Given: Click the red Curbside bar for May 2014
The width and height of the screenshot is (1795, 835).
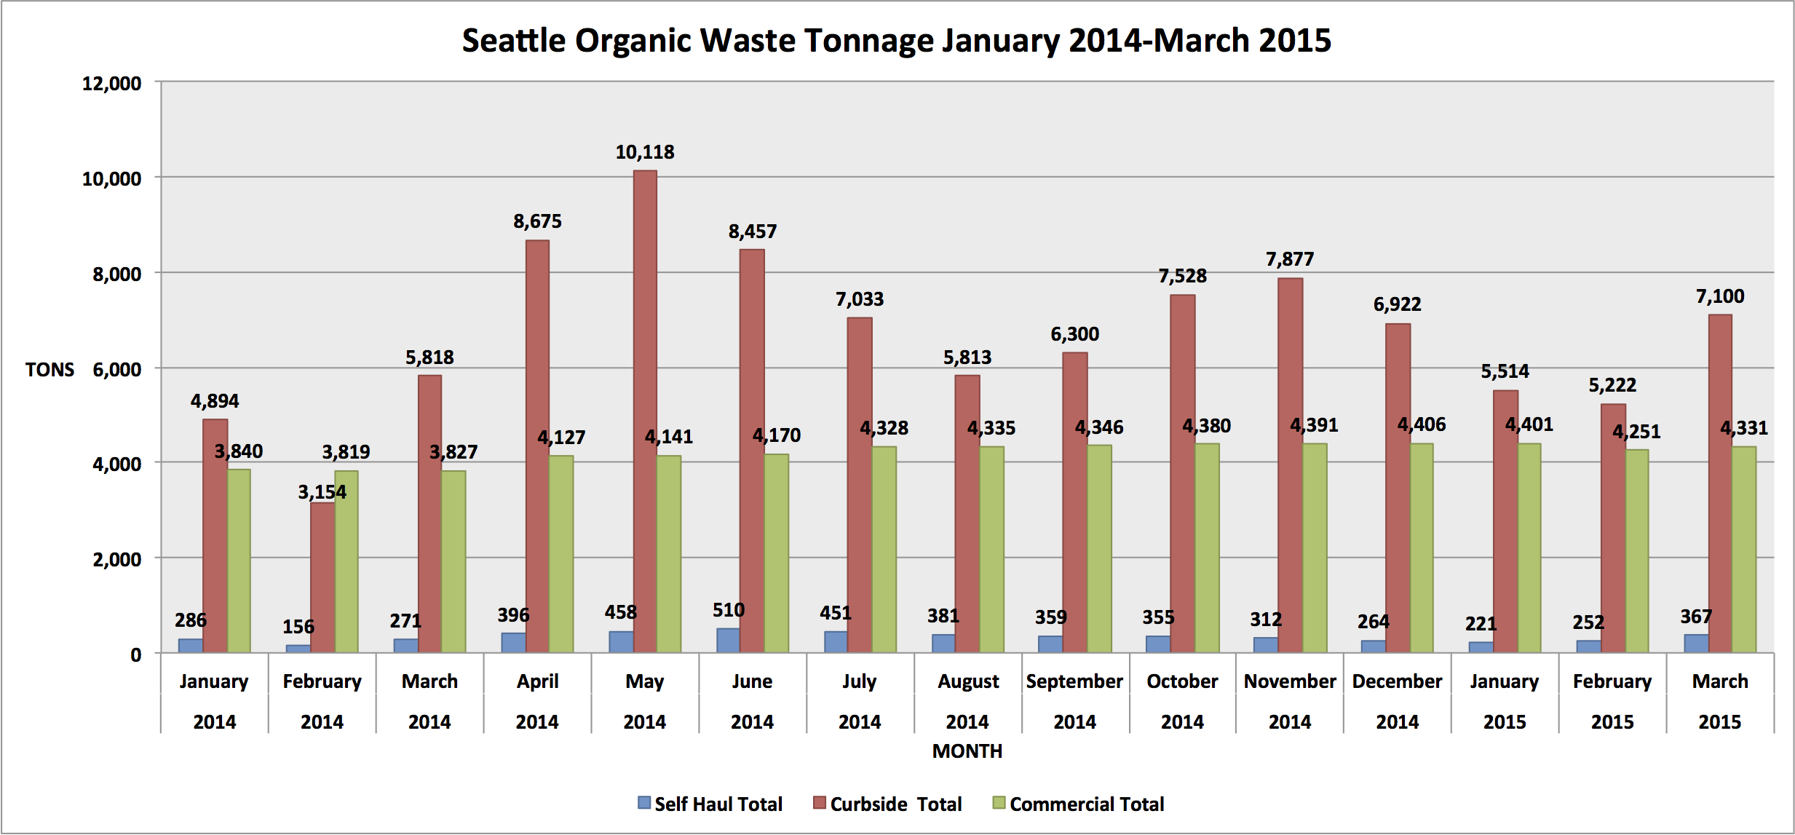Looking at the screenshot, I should (x=645, y=411).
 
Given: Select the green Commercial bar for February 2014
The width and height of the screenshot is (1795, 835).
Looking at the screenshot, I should (x=346, y=561).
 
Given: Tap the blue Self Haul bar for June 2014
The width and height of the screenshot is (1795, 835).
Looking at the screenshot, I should (x=728, y=640).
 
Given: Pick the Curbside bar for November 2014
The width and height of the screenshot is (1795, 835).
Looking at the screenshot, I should (x=1290, y=465).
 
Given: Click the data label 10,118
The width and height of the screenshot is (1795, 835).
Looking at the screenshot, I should (x=645, y=152).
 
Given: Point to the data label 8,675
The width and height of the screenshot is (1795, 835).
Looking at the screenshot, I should (x=537, y=221).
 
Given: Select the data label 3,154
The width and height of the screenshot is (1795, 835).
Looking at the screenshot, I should (x=322, y=492).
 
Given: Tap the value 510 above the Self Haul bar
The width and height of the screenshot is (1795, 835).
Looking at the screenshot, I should (x=728, y=610).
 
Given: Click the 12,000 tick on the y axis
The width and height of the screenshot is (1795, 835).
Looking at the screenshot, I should (x=111, y=84).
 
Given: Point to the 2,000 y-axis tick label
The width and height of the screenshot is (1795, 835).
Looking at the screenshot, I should (x=116, y=560).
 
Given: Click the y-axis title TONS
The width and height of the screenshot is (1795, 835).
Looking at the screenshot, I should (x=49, y=370).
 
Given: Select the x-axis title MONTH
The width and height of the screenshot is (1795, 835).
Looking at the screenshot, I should (x=967, y=751).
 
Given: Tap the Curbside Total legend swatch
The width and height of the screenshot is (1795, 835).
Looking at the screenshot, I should (x=820, y=803).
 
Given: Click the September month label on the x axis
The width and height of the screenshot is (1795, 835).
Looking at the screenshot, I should (x=1074, y=681).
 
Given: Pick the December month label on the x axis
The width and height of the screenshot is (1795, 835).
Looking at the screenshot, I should (x=1397, y=681).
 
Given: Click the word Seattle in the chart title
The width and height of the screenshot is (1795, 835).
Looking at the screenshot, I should (x=513, y=41).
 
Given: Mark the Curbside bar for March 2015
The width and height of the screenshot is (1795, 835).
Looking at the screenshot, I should (x=1720, y=483).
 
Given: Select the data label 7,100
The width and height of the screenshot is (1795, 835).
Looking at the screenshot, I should (x=1720, y=296).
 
